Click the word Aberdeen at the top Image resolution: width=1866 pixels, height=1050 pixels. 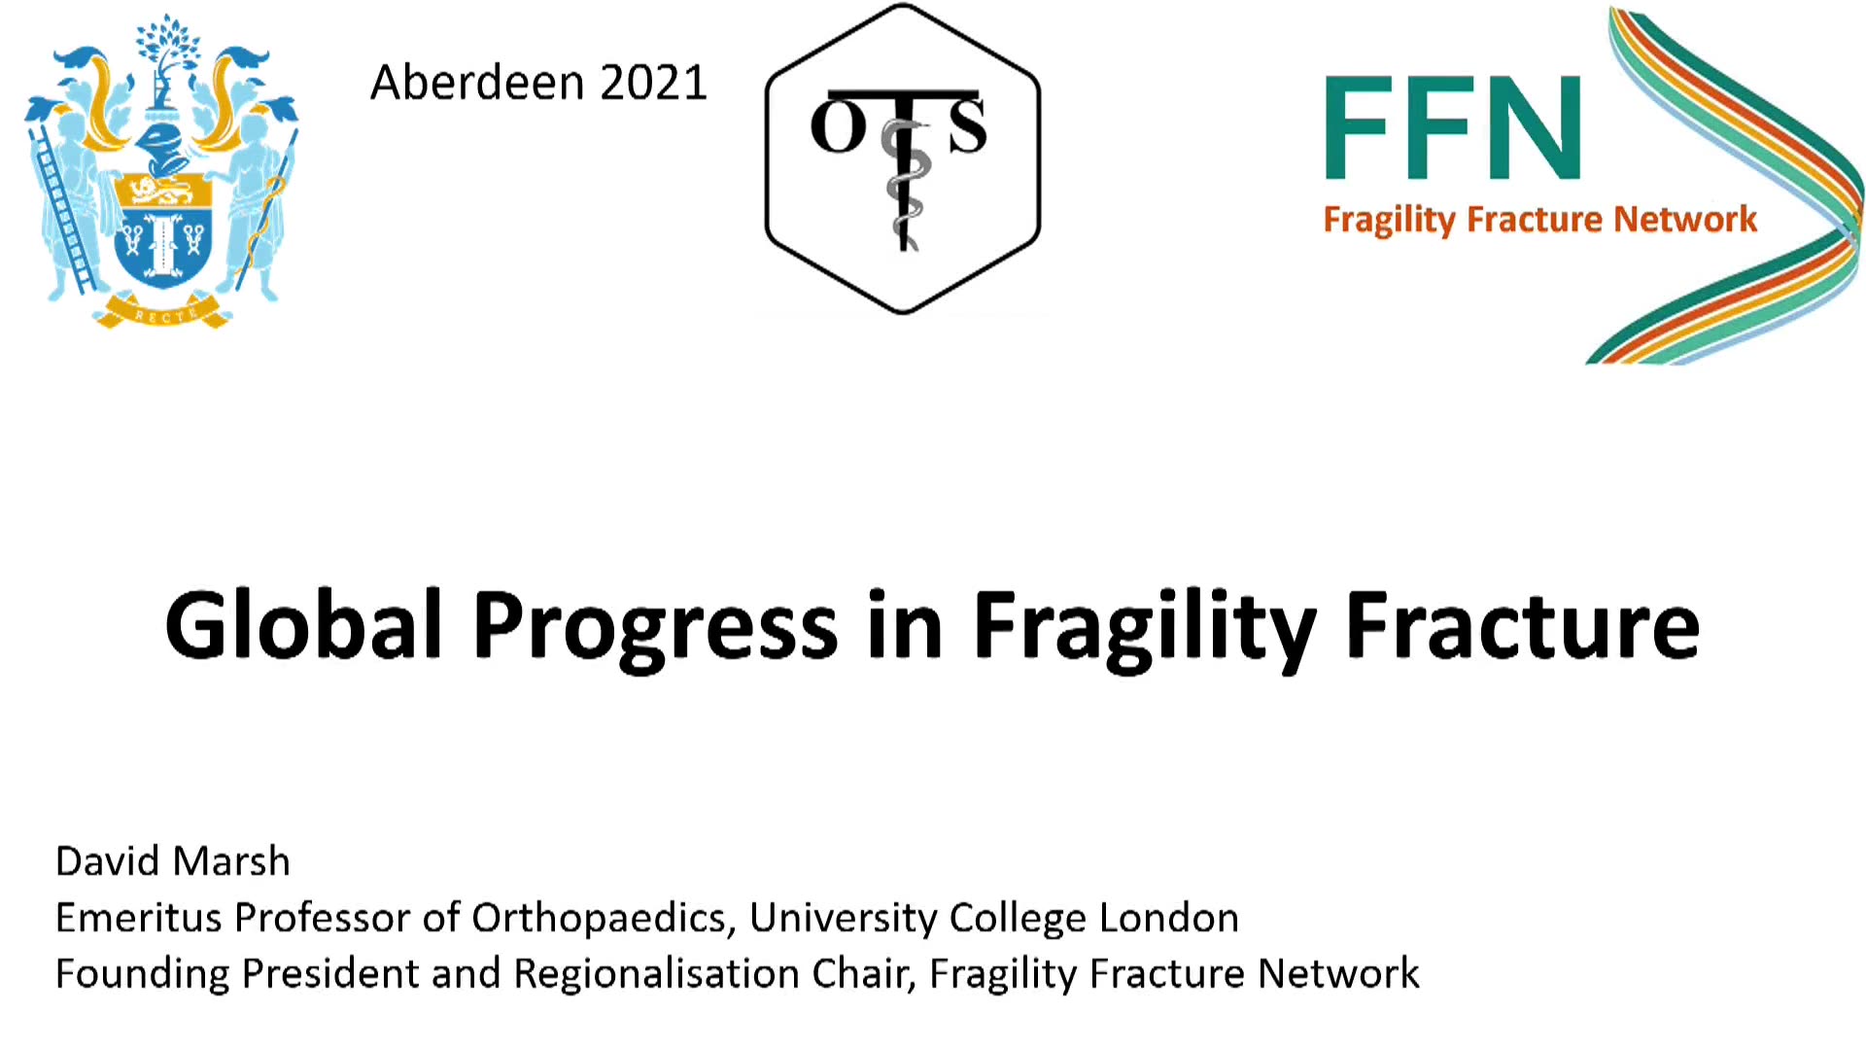tap(477, 83)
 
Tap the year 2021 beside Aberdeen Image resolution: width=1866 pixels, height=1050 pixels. tap(653, 83)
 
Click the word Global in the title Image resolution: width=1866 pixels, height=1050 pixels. tap(304, 625)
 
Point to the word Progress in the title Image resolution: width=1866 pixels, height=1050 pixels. tap(655, 630)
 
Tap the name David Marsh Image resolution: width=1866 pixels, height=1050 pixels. tap(173, 861)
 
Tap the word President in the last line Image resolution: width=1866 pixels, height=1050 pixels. tap(329, 973)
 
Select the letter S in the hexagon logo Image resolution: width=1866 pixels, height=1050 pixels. tap(967, 125)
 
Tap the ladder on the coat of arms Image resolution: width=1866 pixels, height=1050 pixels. tap(61, 209)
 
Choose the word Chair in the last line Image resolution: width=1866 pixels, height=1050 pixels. tap(864, 974)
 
